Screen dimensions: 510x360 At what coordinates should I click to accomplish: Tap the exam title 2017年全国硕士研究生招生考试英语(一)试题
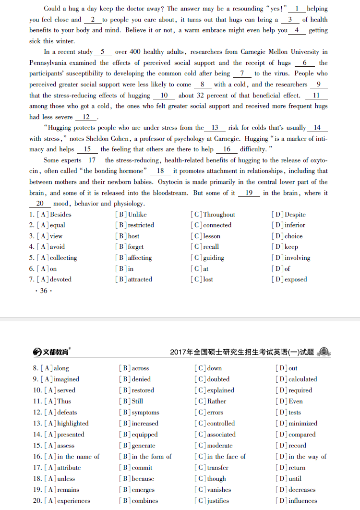click(x=242, y=352)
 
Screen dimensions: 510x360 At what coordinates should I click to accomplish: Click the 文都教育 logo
click(x=51, y=352)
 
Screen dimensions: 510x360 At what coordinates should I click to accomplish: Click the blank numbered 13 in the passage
click(x=215, y=128)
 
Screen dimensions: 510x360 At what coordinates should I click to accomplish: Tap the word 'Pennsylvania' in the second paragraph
click(x=48, y=63)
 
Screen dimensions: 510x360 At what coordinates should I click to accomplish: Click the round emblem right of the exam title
click(x=324, y=352)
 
